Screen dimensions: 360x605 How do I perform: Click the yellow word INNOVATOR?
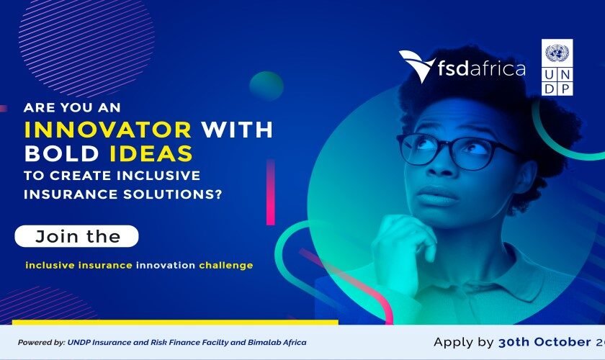[107, 130]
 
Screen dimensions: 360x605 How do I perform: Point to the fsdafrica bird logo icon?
[417, 66]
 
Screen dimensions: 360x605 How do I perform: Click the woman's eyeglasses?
[451, 150]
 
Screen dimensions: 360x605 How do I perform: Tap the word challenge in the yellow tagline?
[226, 265]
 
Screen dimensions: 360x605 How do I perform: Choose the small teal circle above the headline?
[266, 85]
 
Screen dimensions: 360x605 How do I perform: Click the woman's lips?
[440, 195]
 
